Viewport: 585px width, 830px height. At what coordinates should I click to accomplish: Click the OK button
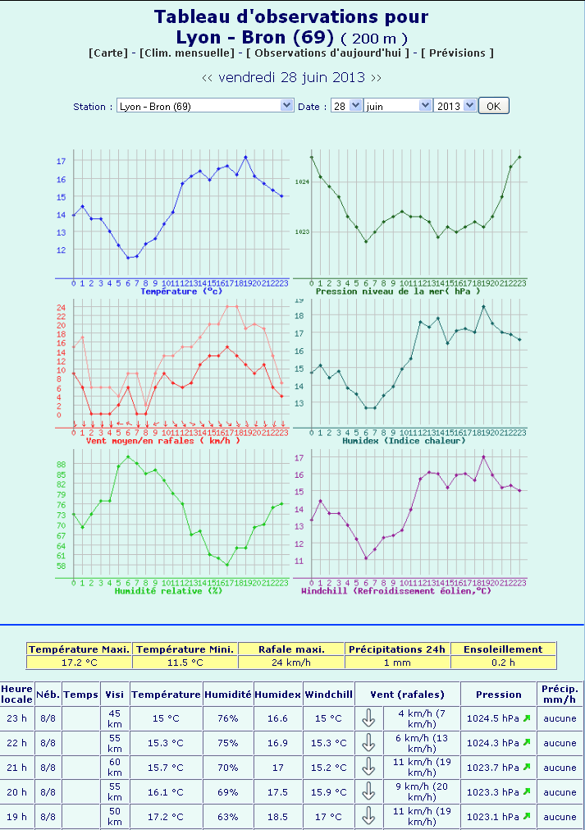pyautogui.click(x=493, y=106)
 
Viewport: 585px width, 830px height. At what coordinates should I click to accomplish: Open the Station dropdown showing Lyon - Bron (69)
pyautogui.click(x=205, y=106)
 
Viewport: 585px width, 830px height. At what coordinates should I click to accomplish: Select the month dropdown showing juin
pyautogui.click(x=398, y=106)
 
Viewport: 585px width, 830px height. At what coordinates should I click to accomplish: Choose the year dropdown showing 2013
pyautogui.click(x=455, y=106)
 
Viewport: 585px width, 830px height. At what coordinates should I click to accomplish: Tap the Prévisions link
pyautogui.click(x=458, y=53)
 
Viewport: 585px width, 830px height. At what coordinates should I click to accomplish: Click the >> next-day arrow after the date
pyautogui.click(x=376, y=78)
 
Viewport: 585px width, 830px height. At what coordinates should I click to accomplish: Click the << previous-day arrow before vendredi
pyautogui.click(x=208, y=78)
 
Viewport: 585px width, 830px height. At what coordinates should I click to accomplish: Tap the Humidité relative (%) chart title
pyautogui.click(x=167, y=590)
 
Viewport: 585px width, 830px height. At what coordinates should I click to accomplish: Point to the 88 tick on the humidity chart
pyautogui.click(x=61, y=464)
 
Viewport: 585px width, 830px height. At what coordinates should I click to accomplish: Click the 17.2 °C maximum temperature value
pyautogui.click(x=80, y=663)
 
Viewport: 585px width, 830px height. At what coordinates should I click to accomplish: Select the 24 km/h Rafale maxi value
pyautogui.click(x=291, y=663)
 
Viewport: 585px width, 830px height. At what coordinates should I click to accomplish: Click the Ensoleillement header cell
pyautogui.click(x=503, y=649)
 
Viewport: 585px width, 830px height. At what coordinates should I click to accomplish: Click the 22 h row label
pyautogui.click(x=16, y=743)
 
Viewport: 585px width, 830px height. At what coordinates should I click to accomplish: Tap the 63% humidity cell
pyautogui.click(x=228, y=817)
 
